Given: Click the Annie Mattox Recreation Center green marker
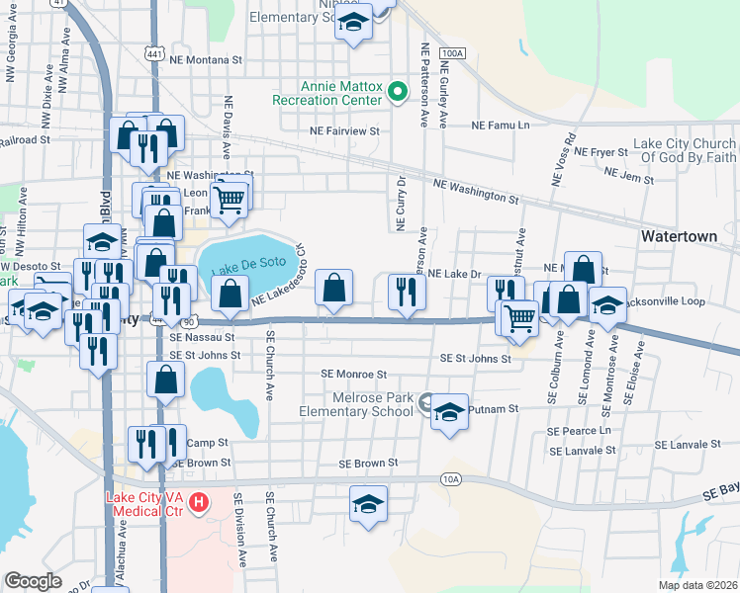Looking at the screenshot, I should click(397, 93).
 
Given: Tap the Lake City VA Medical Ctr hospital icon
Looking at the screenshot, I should click(199, 503).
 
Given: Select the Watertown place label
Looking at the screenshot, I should click(678, 237).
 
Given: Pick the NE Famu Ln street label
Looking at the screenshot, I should click(501, 126).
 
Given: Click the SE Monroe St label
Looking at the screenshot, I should click(353, 375).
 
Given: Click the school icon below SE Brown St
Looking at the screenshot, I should click(368, 504).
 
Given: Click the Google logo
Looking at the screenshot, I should click(33, 581).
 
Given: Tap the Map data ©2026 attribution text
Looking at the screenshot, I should click(697, 585).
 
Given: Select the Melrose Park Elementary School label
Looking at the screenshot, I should click(357, 403).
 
